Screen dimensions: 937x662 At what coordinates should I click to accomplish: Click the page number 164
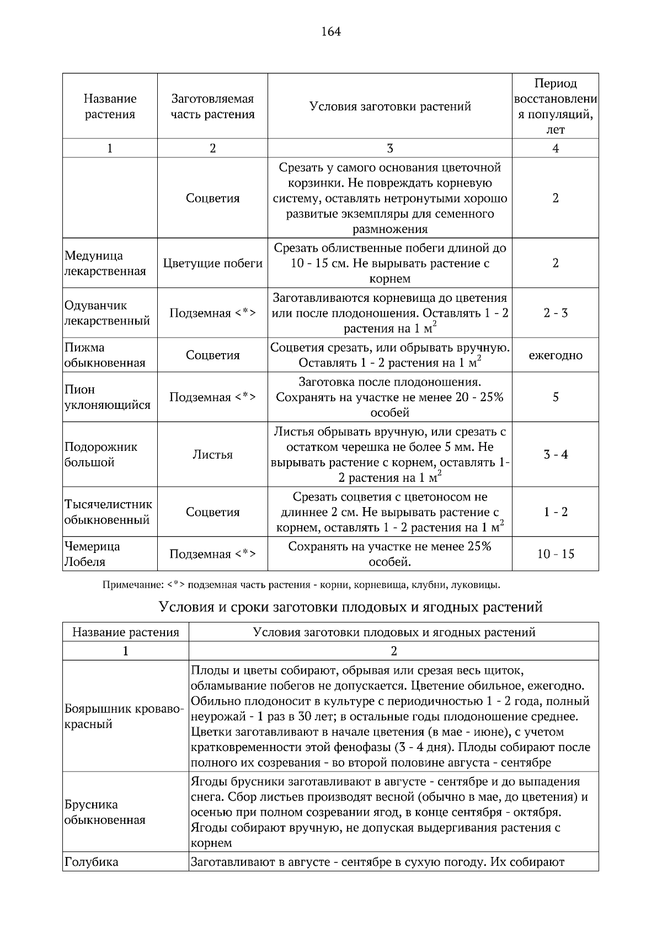click(x=331, y=31)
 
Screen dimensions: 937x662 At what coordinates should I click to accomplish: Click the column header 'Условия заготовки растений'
click(x=389, y=107)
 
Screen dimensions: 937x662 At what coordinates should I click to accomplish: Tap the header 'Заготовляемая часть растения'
click(x=212, y=107)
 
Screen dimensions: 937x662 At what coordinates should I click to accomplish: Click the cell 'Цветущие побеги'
click(x=212, y=263)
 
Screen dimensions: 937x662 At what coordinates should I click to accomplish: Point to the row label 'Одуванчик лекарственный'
click(x=107, y=313)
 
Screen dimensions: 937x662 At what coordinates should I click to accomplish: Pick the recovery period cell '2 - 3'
click(x=555, y=313)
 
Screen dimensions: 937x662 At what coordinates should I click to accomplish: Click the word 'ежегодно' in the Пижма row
click(x=555, y=355)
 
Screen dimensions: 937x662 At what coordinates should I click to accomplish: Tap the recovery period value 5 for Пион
click(x=555, y=397)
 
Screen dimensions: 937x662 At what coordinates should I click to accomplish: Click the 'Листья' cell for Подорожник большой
click(x=212, y=455)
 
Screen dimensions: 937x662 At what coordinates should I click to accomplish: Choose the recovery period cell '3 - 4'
click(x=555, y=455)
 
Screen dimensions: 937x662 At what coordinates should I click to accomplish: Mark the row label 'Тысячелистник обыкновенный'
click(x=108, y=512)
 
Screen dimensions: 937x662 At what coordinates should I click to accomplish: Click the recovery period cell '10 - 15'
click(x=555, y=554)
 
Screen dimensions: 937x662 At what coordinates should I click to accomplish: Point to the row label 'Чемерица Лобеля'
click(x=92, y=554)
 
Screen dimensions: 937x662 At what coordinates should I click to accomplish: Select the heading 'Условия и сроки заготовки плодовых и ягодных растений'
click(x=350, y=607)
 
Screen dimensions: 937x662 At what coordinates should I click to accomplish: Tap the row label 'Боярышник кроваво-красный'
click(x=124, y=716)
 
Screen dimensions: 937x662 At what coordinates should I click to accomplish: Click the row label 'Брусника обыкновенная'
click(x=105, y=812)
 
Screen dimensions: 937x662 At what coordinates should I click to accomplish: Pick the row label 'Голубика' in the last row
click(x=91, y=862)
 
